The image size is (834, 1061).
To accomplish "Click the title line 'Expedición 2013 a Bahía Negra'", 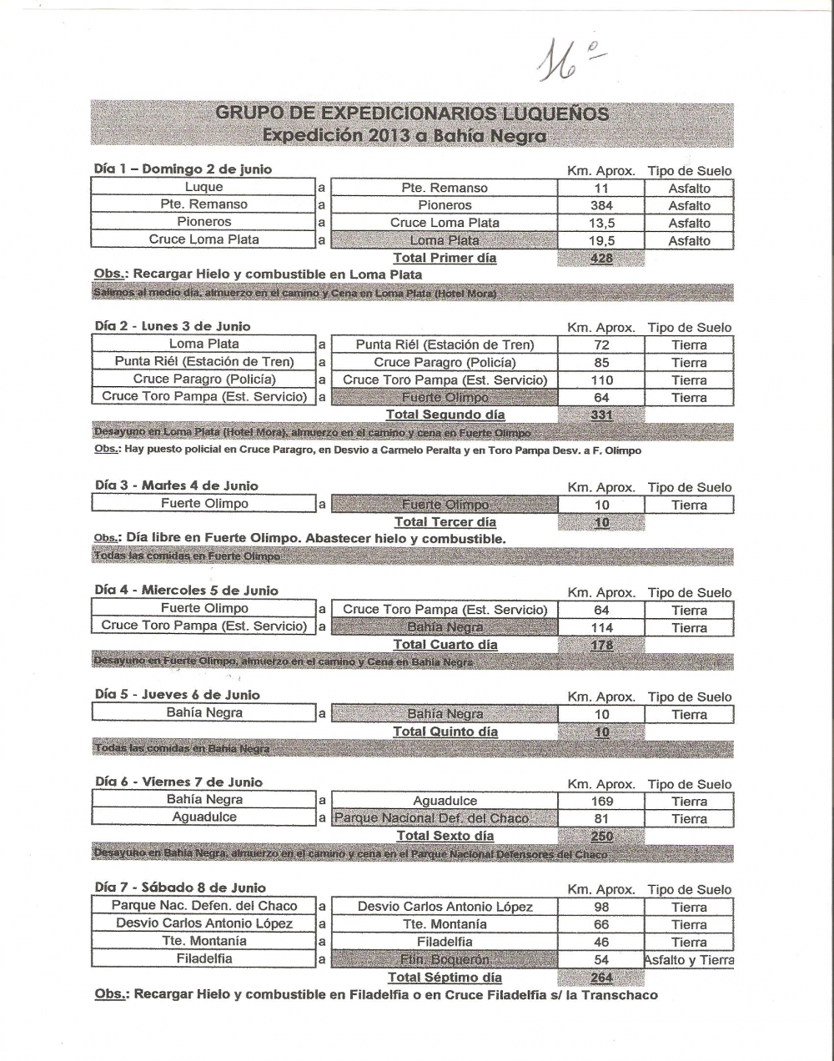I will [x=404, y=135].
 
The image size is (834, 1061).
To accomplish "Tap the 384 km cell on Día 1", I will [x=601, y=205].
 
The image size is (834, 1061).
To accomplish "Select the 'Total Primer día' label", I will [x=445, y=258].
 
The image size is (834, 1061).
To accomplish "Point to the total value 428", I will [x=601, y=259].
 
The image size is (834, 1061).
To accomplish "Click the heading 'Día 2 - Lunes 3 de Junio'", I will [x=173, y=326].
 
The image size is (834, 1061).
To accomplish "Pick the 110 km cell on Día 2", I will [x=601, y=380].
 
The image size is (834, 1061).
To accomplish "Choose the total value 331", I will [x=601, y=415].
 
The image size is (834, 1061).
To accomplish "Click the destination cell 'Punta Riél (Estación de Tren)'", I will [x=445, y=345].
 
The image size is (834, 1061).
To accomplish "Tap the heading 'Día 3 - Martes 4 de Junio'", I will [x=177, y=485].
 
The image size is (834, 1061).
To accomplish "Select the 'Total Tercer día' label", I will [x=445, y=522].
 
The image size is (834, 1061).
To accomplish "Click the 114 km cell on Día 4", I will [x=601, y=627].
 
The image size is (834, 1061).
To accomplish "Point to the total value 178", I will [x=601, y=646].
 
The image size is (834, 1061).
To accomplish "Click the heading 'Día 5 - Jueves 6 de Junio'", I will [x=178, y=695].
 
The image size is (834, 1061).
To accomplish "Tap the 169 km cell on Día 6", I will [x=601, y=802].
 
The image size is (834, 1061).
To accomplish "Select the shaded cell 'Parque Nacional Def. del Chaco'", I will [x=445, y=818].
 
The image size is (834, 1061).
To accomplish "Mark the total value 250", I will [x=601, y=837].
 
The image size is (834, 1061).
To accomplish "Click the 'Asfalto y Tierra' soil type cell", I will [x=689, y=960].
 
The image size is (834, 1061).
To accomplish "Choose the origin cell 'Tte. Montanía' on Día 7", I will [x=204, y=941].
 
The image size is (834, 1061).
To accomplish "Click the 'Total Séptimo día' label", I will [x=445, y=978].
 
